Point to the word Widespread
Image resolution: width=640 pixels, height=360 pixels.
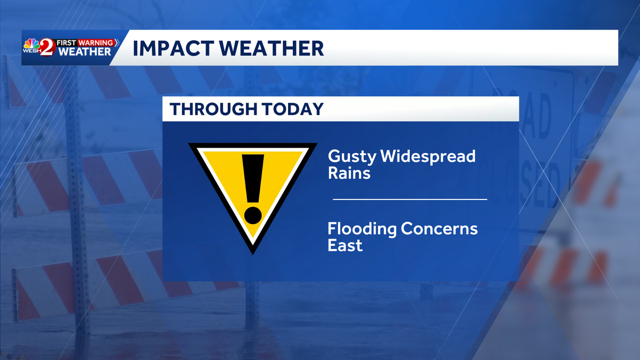pyautogui.click(x=427, y=157)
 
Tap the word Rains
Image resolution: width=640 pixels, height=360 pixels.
pyautogui.click(x=349, y=173)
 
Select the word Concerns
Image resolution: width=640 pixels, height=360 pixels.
pyautogui.click(x=439, y=229)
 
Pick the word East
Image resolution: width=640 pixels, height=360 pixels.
pyautogui.click(x=345, y=245)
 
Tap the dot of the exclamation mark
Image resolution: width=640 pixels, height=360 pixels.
pyautogui.click(x=253, y=215)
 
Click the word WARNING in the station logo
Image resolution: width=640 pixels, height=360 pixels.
pyautogui.click(x=96, y=42)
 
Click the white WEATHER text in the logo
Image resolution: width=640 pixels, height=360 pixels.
pyautogui.click(x=85, y=52)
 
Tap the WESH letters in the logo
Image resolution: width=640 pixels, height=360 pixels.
pyautogui.click(x=30, y=51)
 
